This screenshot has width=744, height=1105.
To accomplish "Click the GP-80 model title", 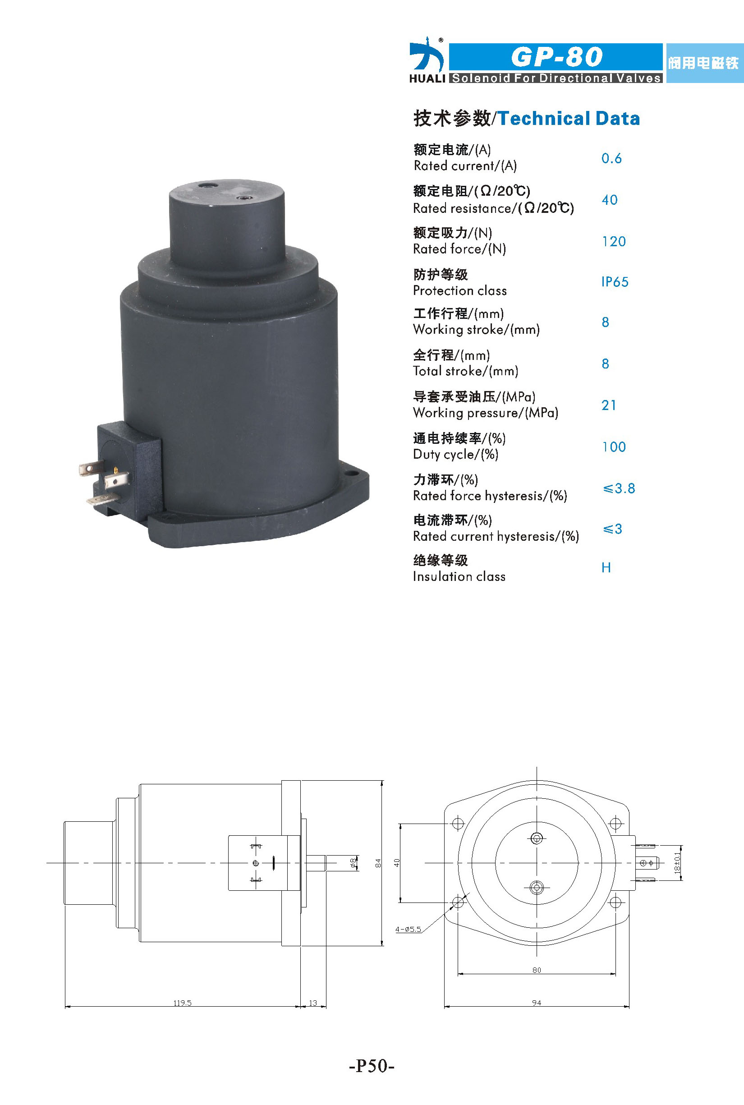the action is coord(556,57).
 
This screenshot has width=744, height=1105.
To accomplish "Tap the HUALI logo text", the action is coord(427,78).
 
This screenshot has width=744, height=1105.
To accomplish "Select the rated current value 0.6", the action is coord(611,158).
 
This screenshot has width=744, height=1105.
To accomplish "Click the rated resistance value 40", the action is coord(610,200).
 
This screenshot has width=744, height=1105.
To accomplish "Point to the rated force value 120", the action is coord(614,242).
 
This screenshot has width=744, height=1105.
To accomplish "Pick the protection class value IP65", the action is coord(615,282).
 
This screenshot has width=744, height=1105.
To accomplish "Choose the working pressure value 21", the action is coord(609,405).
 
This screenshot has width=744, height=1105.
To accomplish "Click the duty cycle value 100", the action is coord(614,447).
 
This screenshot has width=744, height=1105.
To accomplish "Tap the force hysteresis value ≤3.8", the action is coord(619,488).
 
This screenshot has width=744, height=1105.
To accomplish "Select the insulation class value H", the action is coord(606,568).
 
